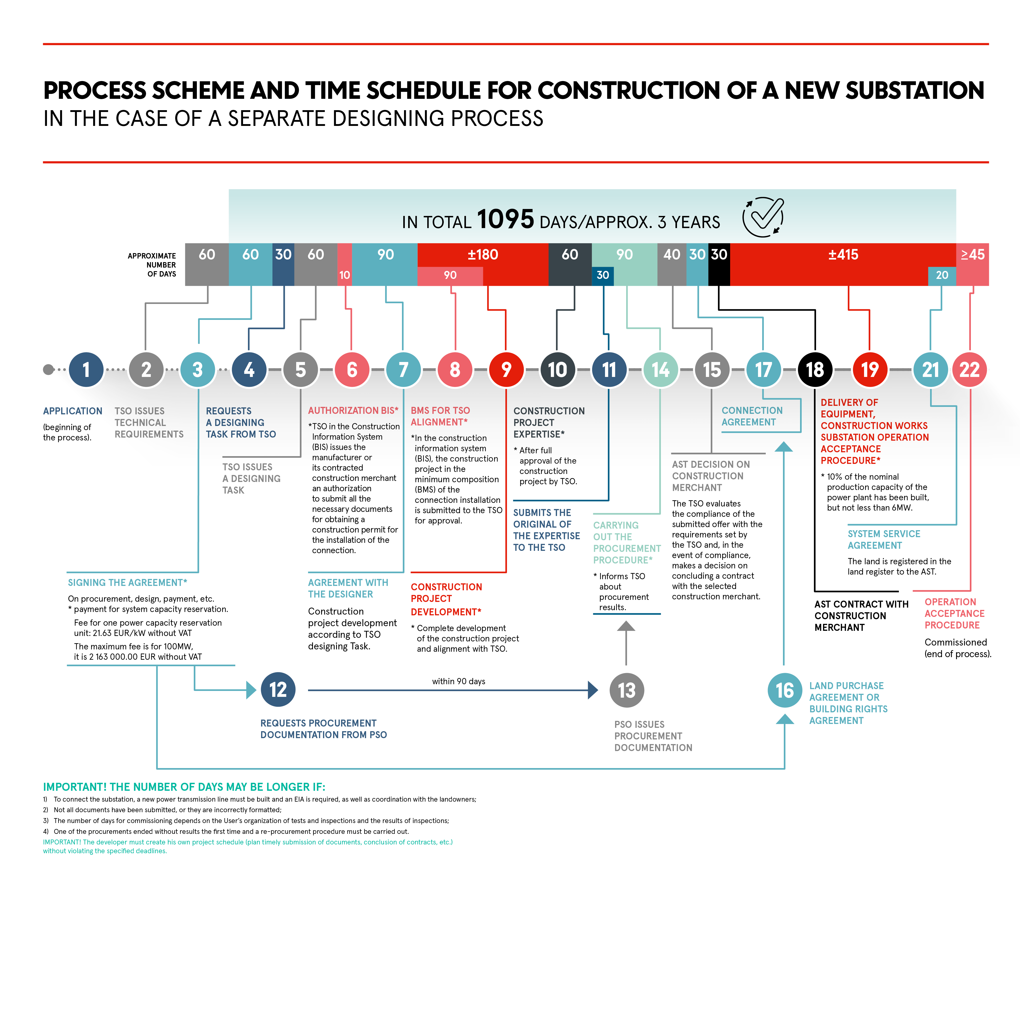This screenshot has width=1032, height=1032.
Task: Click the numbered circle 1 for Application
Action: click(x=86, y=370)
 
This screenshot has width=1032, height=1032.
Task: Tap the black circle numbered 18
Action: click(x=815, y=370)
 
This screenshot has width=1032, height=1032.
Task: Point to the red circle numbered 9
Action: click(x=506, y=370)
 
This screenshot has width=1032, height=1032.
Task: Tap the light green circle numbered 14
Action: click(x=661, y=370)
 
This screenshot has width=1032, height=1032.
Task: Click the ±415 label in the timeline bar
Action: click(x=843, y=255)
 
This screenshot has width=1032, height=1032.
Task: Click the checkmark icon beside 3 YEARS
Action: click(x=763, y=217)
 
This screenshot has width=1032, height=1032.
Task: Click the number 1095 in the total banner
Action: click(x=505, y=219)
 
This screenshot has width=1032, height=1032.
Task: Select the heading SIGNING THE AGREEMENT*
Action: click(x=127, y=583)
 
